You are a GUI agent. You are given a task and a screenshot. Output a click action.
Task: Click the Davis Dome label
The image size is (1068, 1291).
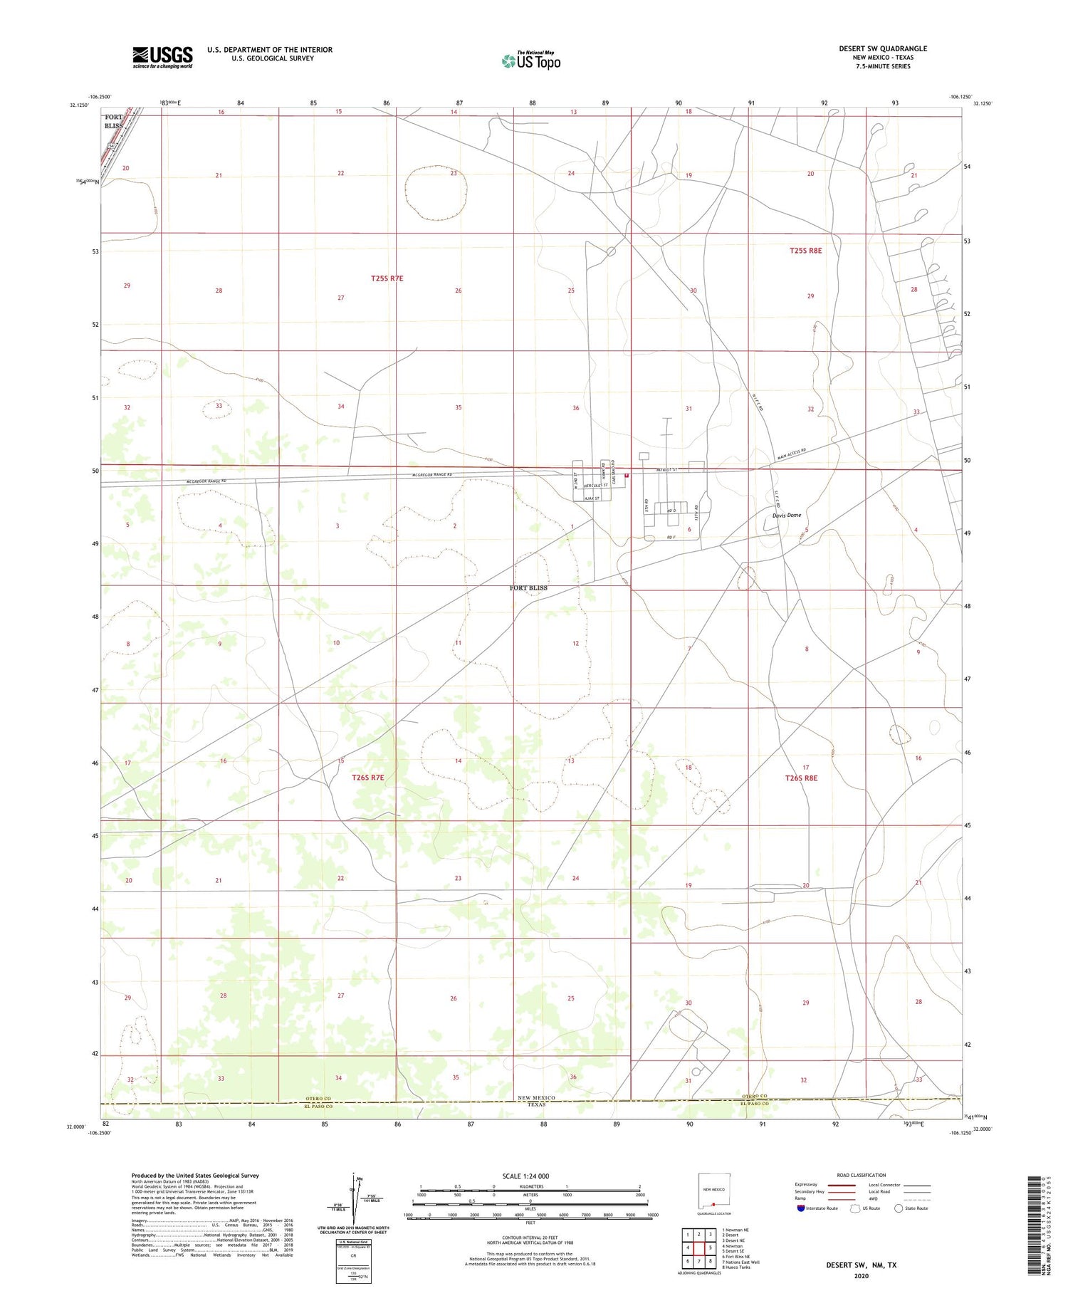tap(787, 515)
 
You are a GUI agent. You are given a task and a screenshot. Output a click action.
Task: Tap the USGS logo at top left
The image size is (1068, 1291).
tap(162, 57)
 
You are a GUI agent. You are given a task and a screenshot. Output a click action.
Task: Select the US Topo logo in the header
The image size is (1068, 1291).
tap(531, 61)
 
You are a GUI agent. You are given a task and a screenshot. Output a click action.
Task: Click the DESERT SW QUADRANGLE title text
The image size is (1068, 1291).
tap(883, 48)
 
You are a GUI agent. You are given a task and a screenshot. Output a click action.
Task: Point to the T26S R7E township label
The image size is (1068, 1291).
tap(367, 778)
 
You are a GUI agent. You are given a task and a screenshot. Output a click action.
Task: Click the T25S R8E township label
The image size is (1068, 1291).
tap(805, 251)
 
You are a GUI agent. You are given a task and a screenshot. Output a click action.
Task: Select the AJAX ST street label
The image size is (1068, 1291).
tap(592, 498)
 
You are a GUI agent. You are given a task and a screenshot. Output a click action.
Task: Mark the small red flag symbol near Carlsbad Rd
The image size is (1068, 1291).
tap(627, 476)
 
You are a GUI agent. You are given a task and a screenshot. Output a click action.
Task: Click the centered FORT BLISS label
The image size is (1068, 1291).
tap(528, 588)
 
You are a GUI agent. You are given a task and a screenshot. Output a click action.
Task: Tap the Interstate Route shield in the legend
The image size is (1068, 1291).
tap(800, 1208)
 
